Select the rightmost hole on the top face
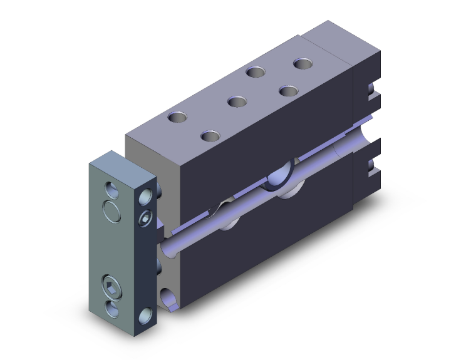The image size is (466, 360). point(303,64)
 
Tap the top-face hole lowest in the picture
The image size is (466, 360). point(211,135)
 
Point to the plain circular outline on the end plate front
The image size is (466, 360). point(111,211)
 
